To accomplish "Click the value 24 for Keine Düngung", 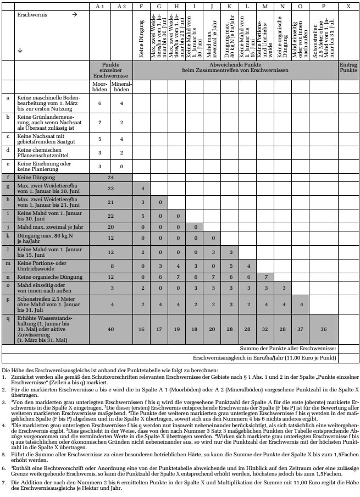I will click(x=110, y=178).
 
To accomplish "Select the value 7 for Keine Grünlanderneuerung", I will click(x=99, y=122).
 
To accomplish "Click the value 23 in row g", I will click(x=110, y=189).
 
